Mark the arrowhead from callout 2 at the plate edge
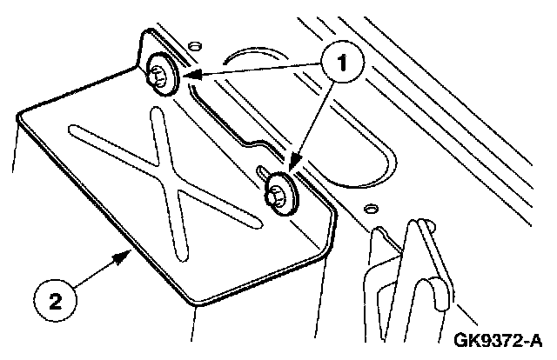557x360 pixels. click(128, 253)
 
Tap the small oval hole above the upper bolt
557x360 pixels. click(192, 42)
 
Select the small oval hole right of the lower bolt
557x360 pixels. click(372, 209)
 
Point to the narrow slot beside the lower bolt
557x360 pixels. click(264, 174)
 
